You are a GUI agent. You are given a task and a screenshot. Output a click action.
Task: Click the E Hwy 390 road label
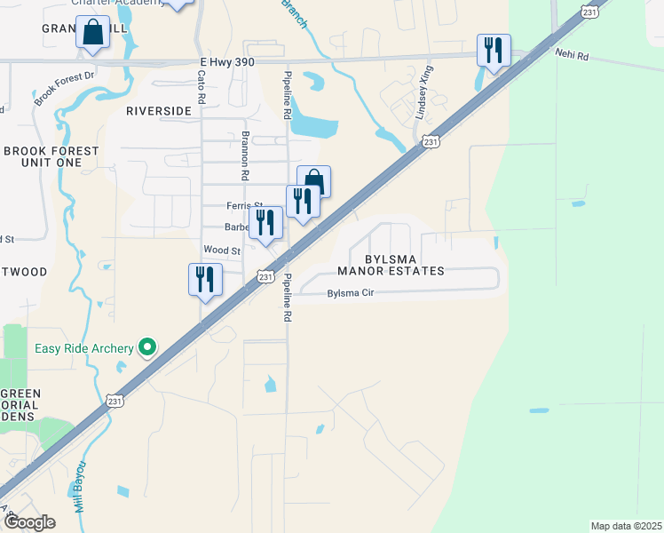coord(233,60)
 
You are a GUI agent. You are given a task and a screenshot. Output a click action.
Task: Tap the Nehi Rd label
coord(572,55)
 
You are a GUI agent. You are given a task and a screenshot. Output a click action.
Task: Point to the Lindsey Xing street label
coord(425,92)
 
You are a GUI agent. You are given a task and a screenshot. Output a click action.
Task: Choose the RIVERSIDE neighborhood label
coord(159,111)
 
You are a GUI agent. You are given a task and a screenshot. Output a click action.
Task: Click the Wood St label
coord(222,251)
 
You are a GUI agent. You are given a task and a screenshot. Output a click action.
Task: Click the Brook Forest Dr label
coord(64,89)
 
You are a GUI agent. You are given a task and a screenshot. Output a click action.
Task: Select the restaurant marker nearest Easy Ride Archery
coord(205,280)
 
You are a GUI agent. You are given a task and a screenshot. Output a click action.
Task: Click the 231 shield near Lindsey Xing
coord(430,141)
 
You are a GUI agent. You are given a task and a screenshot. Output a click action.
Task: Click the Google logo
coord(28,522)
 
